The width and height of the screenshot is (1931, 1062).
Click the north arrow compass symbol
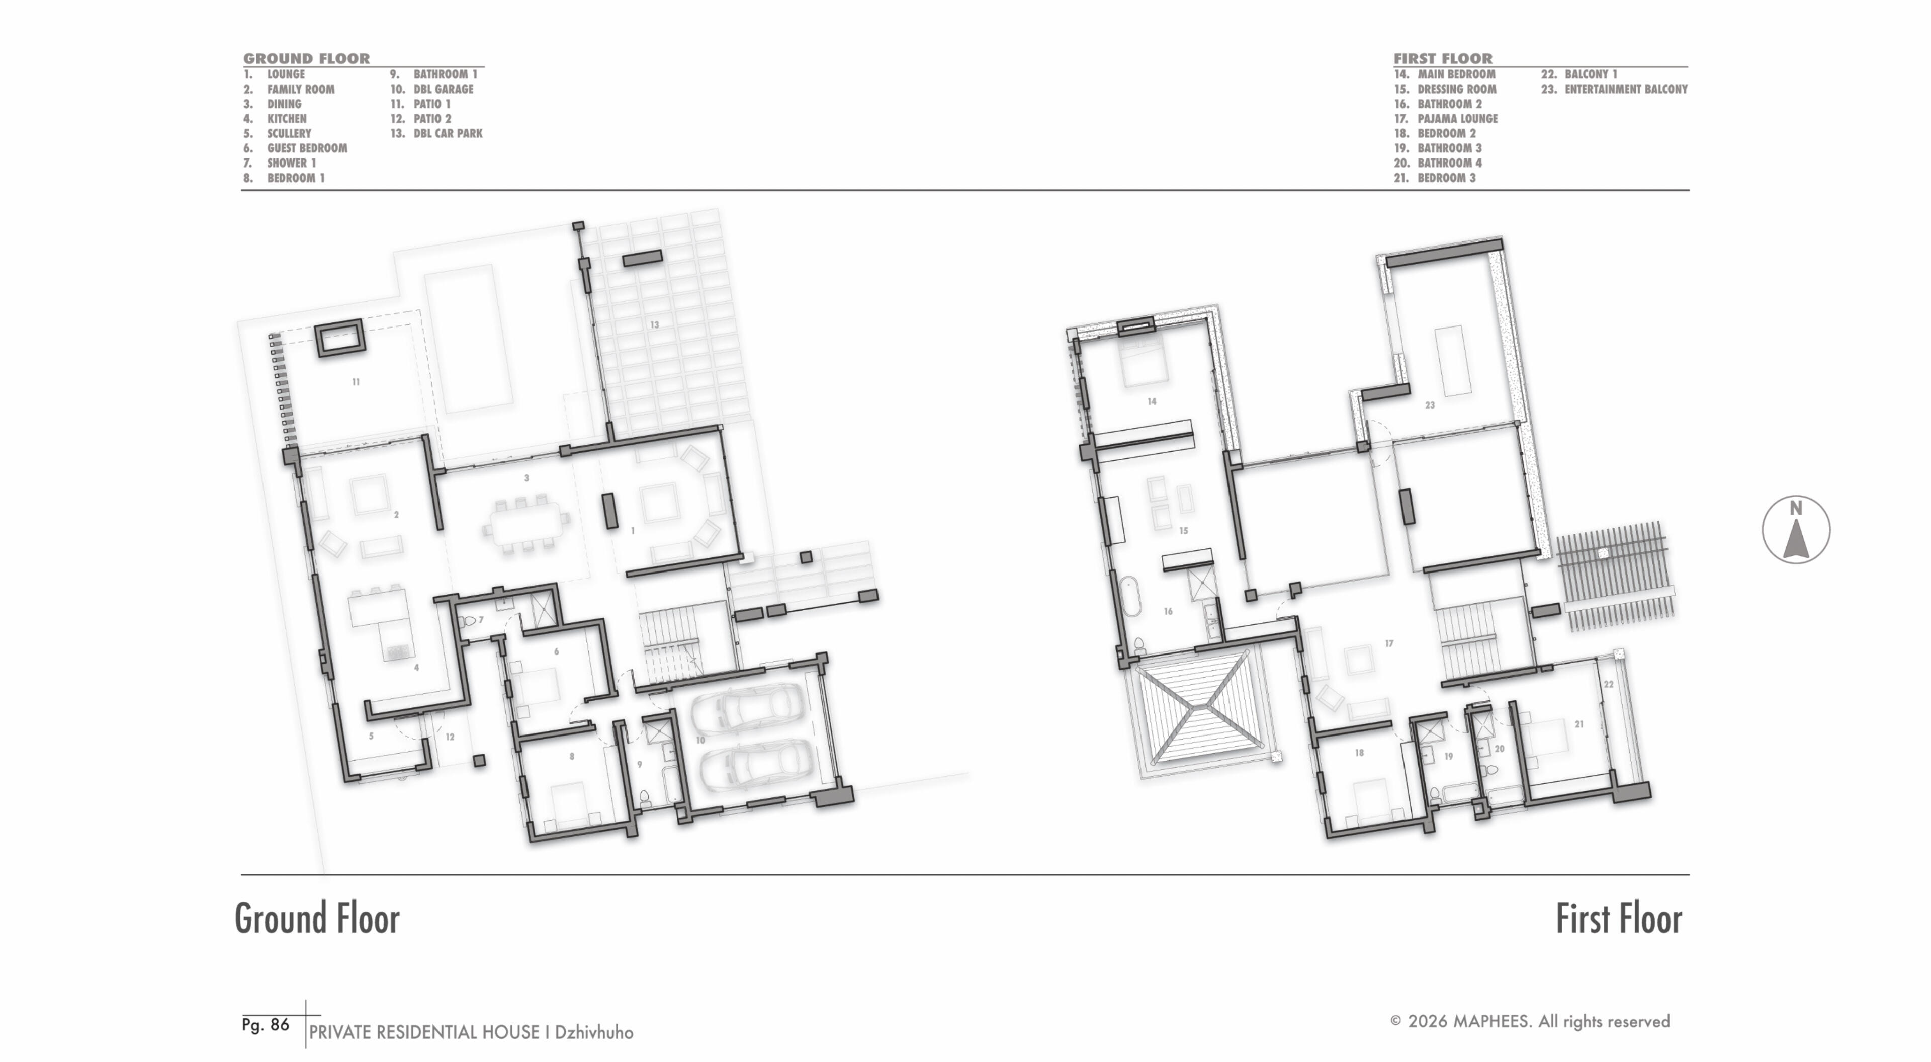1795,530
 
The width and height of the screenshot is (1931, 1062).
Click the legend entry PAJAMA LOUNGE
1457,119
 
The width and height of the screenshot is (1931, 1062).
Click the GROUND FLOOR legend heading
307,58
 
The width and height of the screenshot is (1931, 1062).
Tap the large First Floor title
1618,918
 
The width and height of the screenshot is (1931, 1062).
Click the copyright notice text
1530,1021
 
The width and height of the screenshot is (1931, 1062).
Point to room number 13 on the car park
654,325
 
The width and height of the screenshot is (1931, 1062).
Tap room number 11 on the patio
356,382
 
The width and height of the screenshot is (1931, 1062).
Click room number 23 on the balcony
1430,405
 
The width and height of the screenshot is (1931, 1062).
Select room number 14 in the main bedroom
1152,402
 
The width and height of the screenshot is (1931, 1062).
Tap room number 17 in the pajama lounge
1389,643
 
